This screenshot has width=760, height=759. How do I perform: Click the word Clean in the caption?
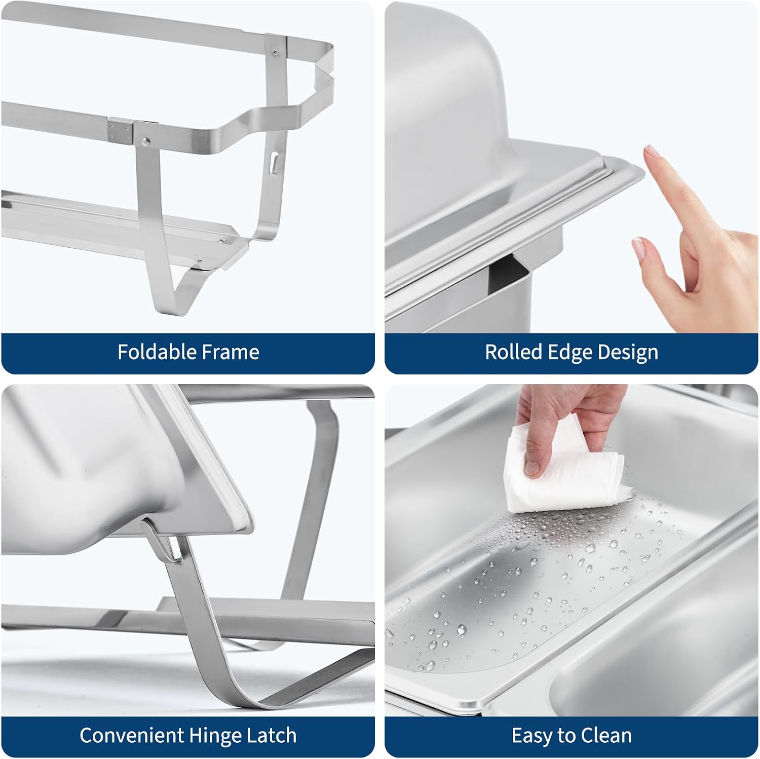click(608, 735)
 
